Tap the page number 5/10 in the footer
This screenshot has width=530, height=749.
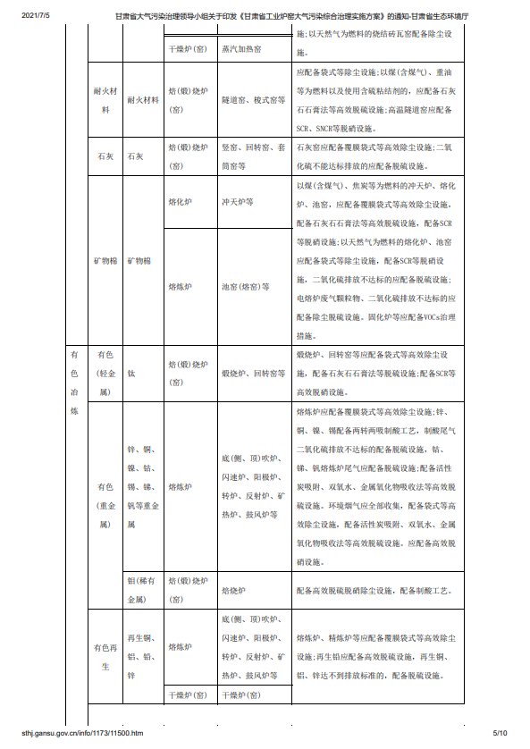pyautogui.click(x=499, y=734)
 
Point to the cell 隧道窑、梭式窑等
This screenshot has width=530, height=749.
pyautogui.click(x=253, y=101)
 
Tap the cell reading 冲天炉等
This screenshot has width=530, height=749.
pyautogui.click(x=239, y=203)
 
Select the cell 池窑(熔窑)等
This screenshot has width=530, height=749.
pyautogui.click(x=246, y=287)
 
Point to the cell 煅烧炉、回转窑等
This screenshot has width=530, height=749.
pyautogui.click(x=253, y=373)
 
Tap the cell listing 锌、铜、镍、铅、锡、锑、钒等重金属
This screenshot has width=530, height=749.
pyautogui.click(x=143, y=487)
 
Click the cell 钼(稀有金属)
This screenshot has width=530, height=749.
pyautogui.click(x=143, y=591)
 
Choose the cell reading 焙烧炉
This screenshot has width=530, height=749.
pyautogui.click(x=234, y=591)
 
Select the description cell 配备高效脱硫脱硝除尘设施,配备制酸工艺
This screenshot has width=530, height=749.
pyautogui.click(x=379, y=591)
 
